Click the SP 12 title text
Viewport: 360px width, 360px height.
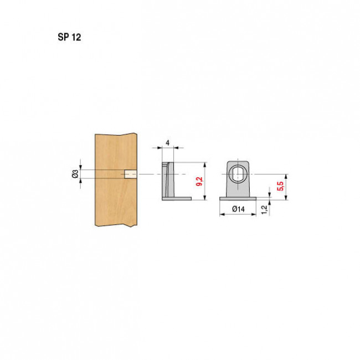(x=69, y=37)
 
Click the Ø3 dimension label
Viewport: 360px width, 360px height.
(x=75, y=174)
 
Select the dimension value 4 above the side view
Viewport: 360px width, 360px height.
(x=168, y=143)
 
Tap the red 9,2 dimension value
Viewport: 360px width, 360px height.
(x=199, y=181)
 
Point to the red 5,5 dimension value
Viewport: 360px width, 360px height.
(x=280, y=186)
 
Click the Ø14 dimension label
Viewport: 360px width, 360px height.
(x=238, y=209)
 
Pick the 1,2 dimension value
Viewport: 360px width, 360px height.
(x=265, y=209)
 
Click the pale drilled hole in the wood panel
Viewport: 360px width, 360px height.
(x=130, y=174)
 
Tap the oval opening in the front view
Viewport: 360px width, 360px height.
(x=238, y=174)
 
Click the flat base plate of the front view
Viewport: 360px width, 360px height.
(x=238, y=199)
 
